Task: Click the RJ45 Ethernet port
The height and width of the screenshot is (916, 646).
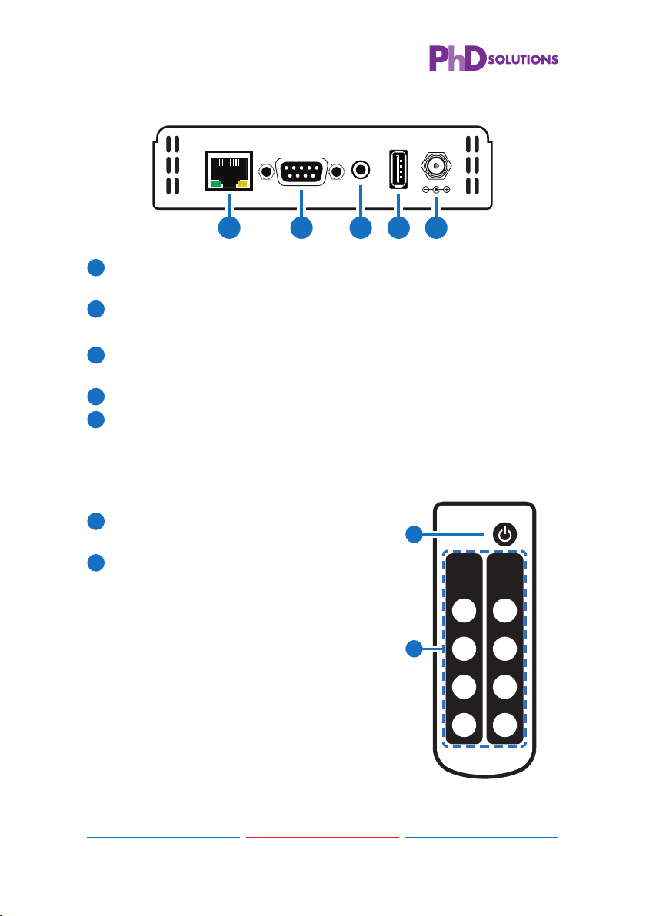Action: [229, 171]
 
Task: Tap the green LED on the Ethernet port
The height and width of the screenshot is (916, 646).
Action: [216, 184]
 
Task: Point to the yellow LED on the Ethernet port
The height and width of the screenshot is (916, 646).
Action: [242, 184]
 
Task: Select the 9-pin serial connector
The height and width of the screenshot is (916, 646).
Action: [301, 171]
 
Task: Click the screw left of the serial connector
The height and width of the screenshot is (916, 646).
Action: [267, 172]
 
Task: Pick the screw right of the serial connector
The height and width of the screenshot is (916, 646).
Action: [337, 172]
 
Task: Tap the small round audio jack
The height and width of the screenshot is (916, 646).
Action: [361, 171]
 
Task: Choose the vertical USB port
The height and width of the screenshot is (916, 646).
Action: [398, 169]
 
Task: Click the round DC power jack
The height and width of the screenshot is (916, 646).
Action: [436, 167]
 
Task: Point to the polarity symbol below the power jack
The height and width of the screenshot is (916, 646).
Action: [436, 189]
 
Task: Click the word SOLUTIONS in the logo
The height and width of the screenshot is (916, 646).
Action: [523, 60]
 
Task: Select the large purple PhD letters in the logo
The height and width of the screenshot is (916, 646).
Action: [458, 58]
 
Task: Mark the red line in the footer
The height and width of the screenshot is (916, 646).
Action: [322, 837]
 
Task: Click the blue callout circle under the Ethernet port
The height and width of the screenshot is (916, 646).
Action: [229, 227]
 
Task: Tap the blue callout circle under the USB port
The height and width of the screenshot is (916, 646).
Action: [398, 227]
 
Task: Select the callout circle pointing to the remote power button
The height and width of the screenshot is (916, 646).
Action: [414, 534]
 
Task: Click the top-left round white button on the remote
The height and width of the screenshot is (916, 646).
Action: [465, 611]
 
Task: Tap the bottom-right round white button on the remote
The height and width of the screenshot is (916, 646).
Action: [505, 725]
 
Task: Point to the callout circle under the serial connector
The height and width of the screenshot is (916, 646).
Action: [301, 227]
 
